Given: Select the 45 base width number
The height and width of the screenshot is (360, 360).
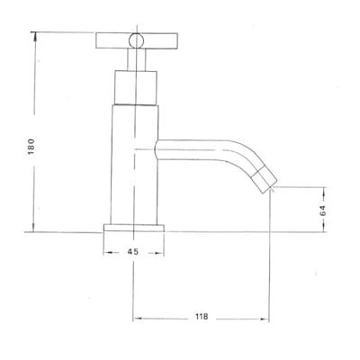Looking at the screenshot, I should (x=133, y=252).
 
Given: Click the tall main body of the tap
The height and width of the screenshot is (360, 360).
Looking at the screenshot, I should (x=133, y=162).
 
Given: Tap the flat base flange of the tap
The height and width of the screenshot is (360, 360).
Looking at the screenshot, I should (x=133, y=229).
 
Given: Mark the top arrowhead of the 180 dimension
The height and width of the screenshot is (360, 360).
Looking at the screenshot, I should (x=35, y=35).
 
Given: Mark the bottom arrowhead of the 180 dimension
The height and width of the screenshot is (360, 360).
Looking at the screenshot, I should (x=35, y=229).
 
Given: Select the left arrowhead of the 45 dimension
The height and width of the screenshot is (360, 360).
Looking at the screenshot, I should (x=108, y=252).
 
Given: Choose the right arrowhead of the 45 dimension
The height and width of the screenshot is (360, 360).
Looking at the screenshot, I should (x=159, y=252).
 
